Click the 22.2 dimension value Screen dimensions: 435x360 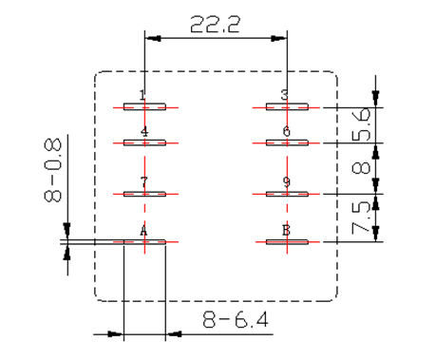point(215,25)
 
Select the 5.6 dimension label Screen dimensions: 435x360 point(361,124)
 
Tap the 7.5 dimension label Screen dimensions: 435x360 point(361,218)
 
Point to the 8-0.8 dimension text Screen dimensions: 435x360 point(52,170)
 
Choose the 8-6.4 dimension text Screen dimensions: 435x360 point(236,319)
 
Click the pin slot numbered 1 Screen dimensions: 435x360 point(144,106)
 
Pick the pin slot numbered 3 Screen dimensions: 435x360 point(287,106)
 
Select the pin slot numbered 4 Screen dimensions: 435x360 point(144,142)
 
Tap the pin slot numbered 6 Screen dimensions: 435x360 point(287,142)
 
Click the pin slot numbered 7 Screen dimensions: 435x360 point(144,194)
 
